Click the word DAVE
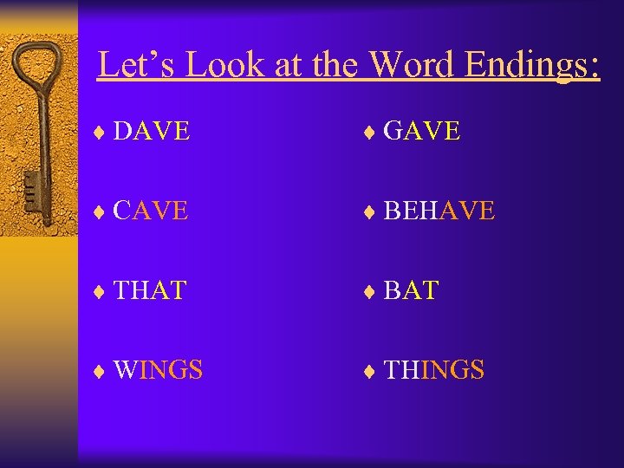tap(152, 131)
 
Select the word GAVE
tap(421, 131)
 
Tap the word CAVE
tap(151, 211)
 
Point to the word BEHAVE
tap(439, 211)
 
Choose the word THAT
tap(150, 290)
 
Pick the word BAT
tap(411, 290)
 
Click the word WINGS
tap(158, 370)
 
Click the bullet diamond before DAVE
tap(100, 133)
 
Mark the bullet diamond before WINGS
tap(100, 372)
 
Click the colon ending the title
tap(594, 69)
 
